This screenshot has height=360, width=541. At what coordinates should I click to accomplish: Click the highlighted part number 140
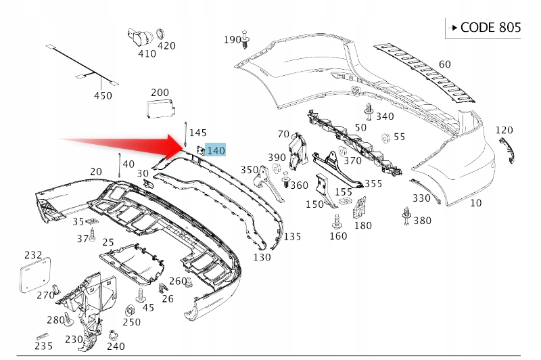[x=216, y=150]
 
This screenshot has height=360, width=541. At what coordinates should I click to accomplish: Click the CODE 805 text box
[x=484, y=28]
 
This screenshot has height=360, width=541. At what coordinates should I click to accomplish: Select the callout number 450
[x=103, y=95]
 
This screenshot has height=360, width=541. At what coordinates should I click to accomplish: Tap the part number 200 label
[x=160, y=92]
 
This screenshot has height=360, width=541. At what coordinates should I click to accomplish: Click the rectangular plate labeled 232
[x=32, y=277]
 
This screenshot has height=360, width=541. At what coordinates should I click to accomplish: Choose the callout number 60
[x=444, y=64]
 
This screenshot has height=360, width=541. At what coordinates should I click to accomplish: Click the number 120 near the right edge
[x=504, y=130]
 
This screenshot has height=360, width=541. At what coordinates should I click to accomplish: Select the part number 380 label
[x=422, y=220]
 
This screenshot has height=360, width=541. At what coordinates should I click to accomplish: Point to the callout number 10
[x=476, y=202]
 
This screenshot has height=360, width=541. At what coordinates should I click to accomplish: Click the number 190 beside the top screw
[x=232, y=40]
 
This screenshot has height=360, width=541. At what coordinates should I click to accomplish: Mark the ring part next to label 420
[x=161, y=33]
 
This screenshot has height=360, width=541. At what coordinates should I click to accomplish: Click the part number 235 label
[x=44, y=345]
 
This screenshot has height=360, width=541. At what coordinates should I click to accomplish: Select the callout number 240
[x=116, y=346]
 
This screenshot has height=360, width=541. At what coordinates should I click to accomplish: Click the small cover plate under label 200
[x=160, y=108]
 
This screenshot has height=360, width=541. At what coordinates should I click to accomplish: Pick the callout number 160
[x=338, y=235]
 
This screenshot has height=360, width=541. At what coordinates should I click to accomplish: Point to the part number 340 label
[x=385, y=116]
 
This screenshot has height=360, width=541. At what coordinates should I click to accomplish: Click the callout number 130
[x=262, y=256]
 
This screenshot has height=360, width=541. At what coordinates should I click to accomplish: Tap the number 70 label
[x=283, y=134]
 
